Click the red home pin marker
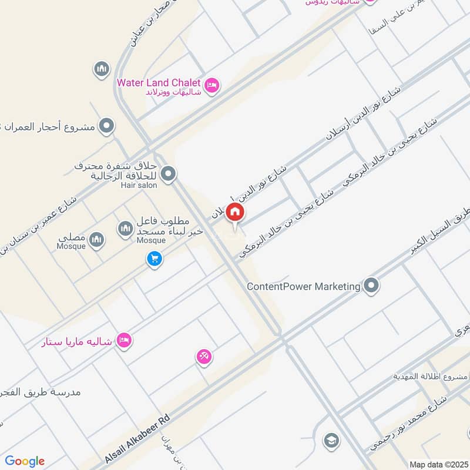click(235, 213)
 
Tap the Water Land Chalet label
click(159, 83)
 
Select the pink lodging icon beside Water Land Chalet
click(213, 85)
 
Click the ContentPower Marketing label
click(303, 287)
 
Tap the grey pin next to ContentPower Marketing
click(371, 286)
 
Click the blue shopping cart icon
click(155, 258)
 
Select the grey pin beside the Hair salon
click(169, 174)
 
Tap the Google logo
click(25, 461)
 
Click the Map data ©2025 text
click(438, 464)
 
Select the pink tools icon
click(204, 356)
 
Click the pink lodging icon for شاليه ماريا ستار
click(123, 340)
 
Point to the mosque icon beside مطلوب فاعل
click(125, 229)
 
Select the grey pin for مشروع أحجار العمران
click(106, 126)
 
